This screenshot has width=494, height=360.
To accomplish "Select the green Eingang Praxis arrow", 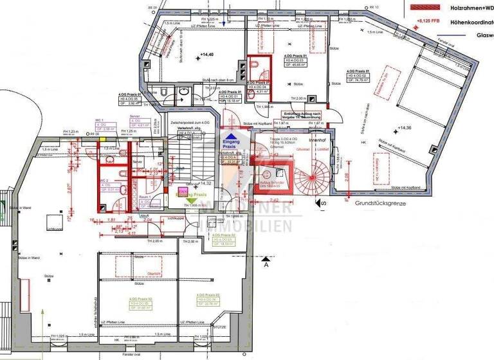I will point(192,201).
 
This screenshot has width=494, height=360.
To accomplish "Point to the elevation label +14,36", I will point(405,129).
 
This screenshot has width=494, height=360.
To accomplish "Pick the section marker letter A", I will point(265,264).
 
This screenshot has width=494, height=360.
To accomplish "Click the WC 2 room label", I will point(104,182).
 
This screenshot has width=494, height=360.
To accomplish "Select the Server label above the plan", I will point(136,120).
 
